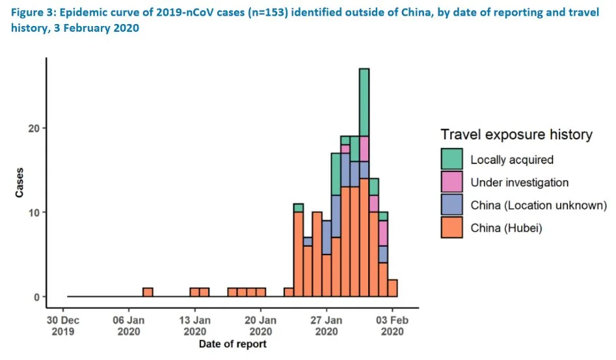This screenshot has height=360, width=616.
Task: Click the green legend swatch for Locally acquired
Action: [x=451, y=159]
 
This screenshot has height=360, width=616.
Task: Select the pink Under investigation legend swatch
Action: [x=451, y=182]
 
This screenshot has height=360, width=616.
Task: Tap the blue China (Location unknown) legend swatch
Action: [x=451, y=205]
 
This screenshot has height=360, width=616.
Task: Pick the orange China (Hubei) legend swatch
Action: [x=451, y=228]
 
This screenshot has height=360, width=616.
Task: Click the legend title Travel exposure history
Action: [x=516, y=135]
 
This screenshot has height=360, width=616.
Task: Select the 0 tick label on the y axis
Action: [x=36, y=297]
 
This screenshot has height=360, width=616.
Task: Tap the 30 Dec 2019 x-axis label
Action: [x=63, y=325]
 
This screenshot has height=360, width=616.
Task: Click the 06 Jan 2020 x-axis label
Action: [x=129, y=325]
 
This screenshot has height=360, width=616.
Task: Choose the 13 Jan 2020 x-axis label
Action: [x=194, y=325]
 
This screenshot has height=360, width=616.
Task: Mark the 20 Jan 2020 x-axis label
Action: [x=260, y=325]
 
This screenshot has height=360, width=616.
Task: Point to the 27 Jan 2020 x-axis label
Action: [x=327, y=325]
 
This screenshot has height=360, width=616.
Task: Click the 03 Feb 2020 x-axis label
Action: [x=392, y=325]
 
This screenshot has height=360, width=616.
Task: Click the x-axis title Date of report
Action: [x=232, y=344]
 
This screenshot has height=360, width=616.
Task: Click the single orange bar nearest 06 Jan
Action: [x=148, y=292]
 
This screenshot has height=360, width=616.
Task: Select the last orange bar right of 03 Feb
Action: [x=392, y=288]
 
